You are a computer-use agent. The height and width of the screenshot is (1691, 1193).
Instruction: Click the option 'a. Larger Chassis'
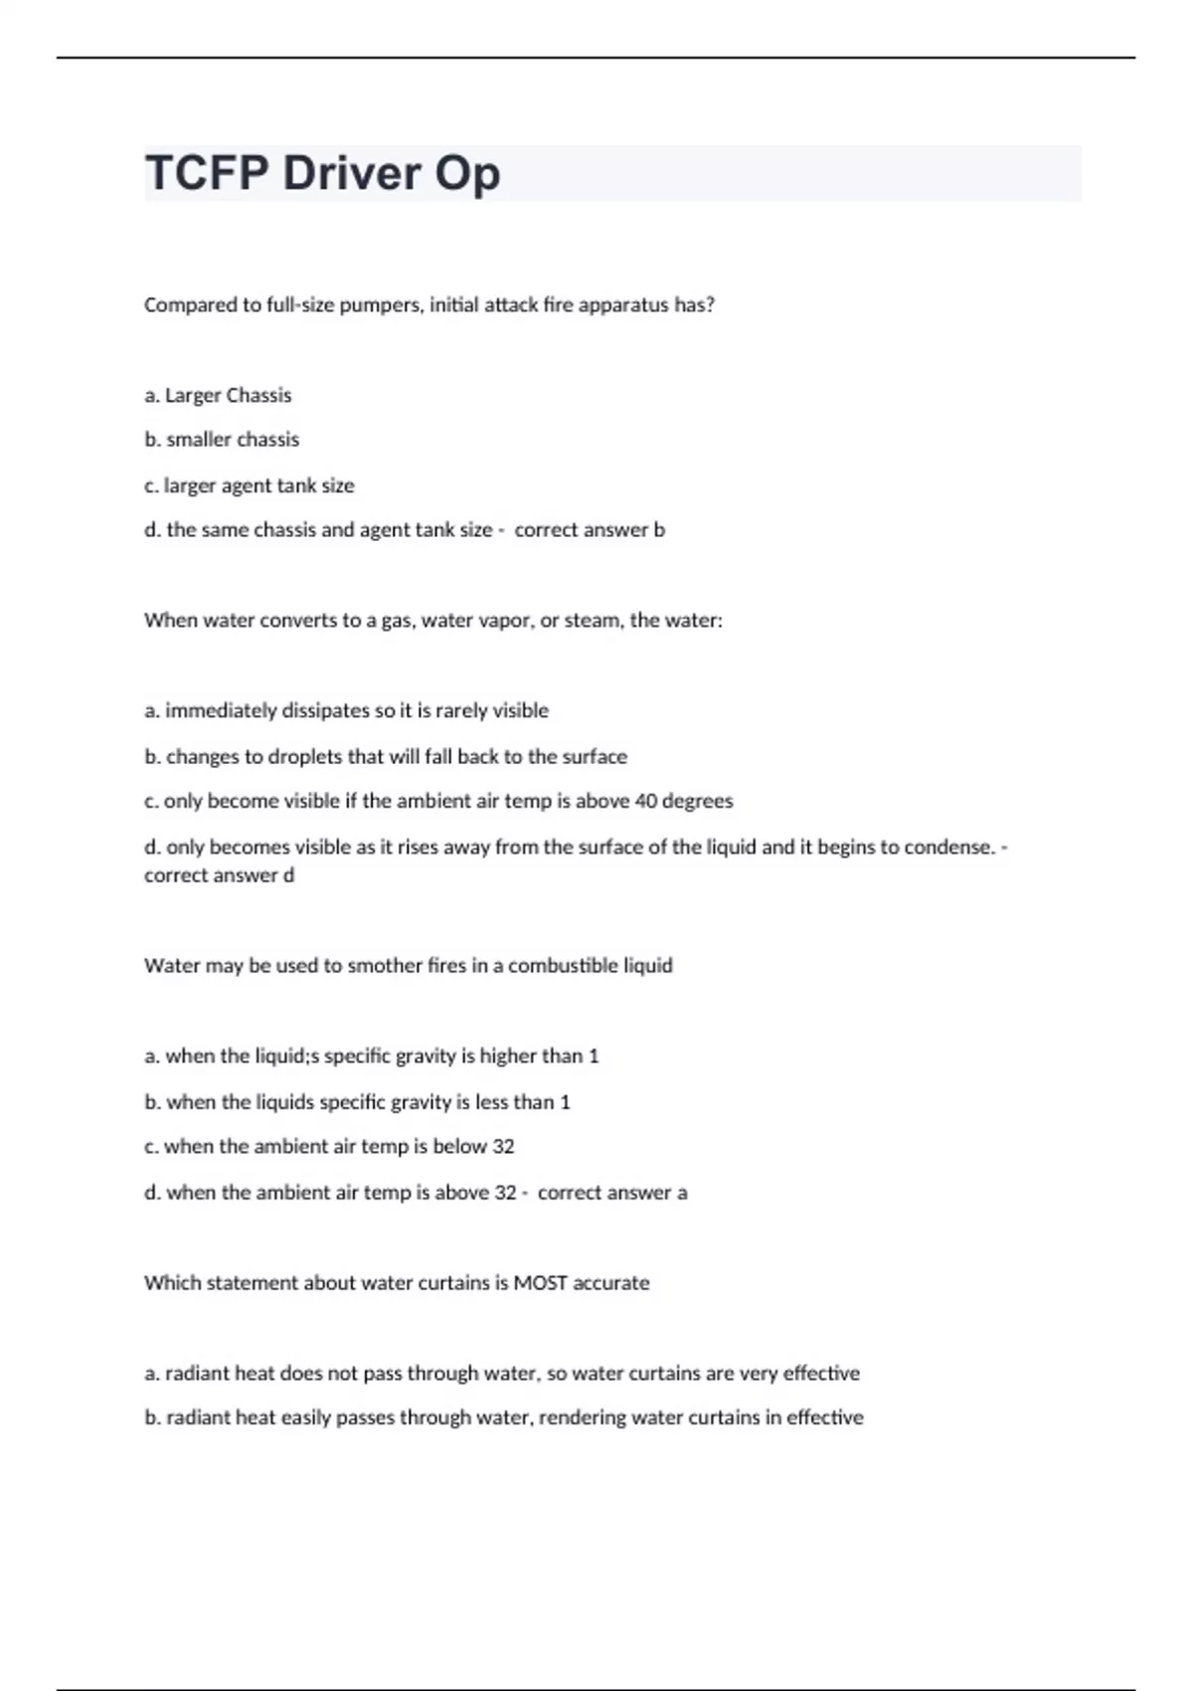(x=218, y=396)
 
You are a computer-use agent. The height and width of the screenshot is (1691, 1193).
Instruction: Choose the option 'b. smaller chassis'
(x=222, y=440)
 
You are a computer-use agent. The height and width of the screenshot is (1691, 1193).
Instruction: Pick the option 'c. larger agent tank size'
(x=250, y=485)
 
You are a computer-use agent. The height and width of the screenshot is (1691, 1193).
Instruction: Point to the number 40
(x=646, y=802)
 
